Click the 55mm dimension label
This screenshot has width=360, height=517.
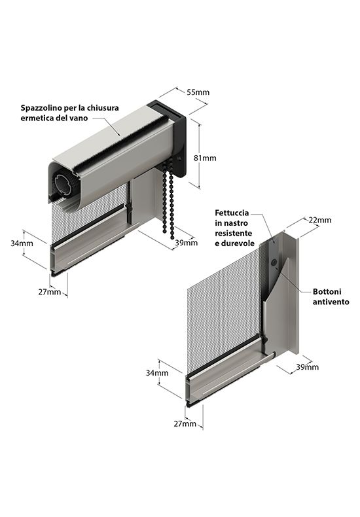tap(198, 92)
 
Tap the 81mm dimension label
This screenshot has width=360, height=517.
tap(205, 158)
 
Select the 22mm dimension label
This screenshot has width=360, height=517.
tap(320, 220)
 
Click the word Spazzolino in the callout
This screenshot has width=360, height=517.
tap(39, 108)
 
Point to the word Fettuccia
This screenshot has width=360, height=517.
tap(232, 213)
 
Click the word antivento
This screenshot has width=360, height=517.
tap(331, 302)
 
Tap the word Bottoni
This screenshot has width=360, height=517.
tap(327, 291)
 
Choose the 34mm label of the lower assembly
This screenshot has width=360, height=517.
tap(157, 373)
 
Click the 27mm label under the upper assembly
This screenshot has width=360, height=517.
tap(50, 291)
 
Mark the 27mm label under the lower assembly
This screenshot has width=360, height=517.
tap(185, 423)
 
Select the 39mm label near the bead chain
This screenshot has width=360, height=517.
tap(187, 243)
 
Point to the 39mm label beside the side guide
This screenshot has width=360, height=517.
tap(307, 367)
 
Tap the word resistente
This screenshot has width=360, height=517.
tap(234, 233)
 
